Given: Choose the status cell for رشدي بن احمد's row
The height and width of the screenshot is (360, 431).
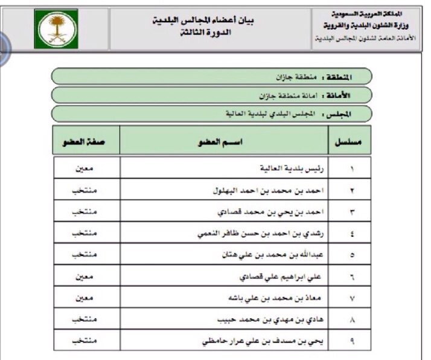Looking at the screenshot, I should tap(87, 235).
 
